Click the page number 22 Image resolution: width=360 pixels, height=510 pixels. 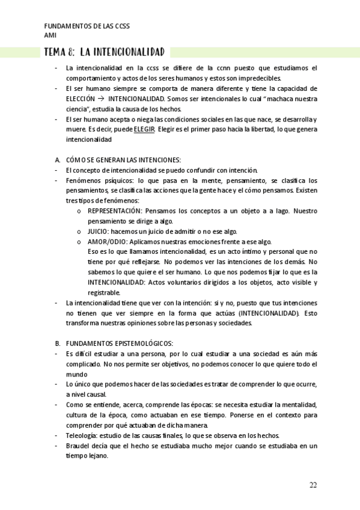313,485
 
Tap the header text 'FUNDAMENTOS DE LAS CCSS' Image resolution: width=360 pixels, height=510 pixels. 87,26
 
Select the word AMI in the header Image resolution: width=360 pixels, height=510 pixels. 50,35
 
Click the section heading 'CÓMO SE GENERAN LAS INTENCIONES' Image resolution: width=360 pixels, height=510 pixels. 123,160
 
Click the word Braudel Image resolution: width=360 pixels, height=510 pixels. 79,446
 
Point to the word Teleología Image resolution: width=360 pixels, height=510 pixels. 81,435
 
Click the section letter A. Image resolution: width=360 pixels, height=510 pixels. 56,160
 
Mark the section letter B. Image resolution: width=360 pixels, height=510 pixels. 56,343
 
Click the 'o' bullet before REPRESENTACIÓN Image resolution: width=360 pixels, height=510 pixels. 80,211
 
